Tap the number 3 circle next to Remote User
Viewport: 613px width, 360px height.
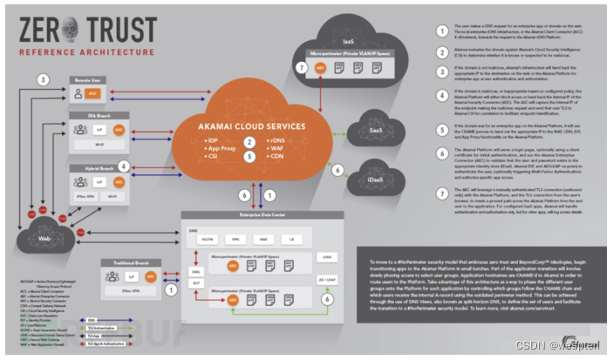[41, 80]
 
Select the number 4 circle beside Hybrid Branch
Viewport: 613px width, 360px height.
[125, 165]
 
